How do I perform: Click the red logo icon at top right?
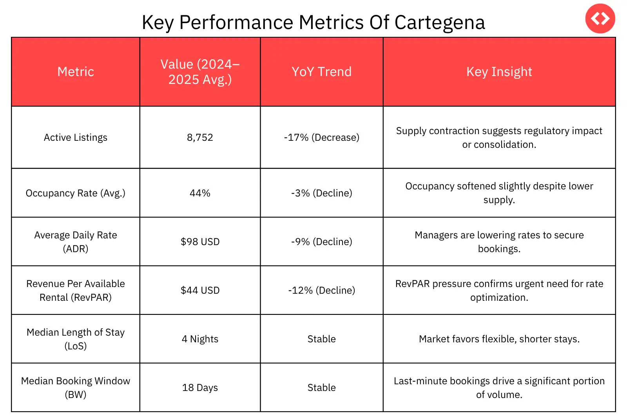600,18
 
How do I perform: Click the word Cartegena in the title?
439,22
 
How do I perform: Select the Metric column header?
76,72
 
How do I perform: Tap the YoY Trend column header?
321,72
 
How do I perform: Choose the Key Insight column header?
499,72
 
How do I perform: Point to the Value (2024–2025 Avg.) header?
200,72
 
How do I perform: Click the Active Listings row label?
76,138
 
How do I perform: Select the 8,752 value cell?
200,138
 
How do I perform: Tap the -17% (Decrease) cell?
321,138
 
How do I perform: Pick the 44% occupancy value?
200,193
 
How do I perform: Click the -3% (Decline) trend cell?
321,193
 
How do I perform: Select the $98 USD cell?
200,242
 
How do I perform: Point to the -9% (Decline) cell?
321,242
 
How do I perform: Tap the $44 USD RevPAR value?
200,291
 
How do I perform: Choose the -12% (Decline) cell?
321,291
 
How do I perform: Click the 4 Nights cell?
200,339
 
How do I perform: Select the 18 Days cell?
200,388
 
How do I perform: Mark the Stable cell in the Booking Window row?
321,388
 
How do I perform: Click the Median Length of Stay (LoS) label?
76,339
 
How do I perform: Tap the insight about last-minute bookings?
499,388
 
